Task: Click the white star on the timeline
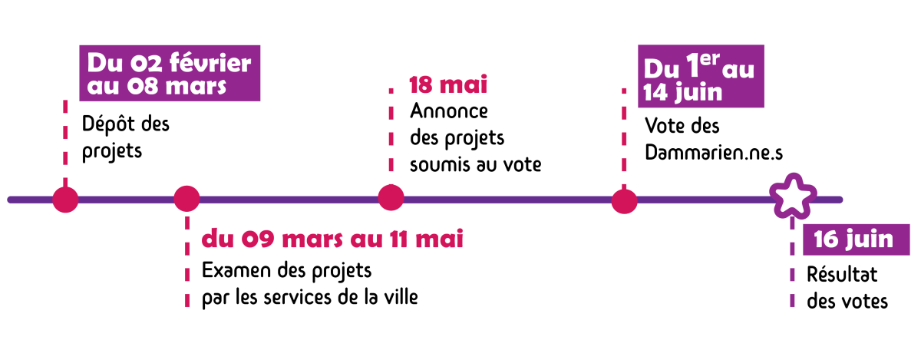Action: [x=792, y=198]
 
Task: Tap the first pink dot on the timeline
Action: [x=66, y=200]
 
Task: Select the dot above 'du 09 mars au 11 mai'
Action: [x=187, y=199]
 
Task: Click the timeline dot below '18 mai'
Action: [x=391, y=197]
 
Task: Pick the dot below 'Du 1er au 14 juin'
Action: [x=625, y=201]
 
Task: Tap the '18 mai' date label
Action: [x=448, y=84]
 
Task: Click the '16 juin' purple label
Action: [x=854, y=239]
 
